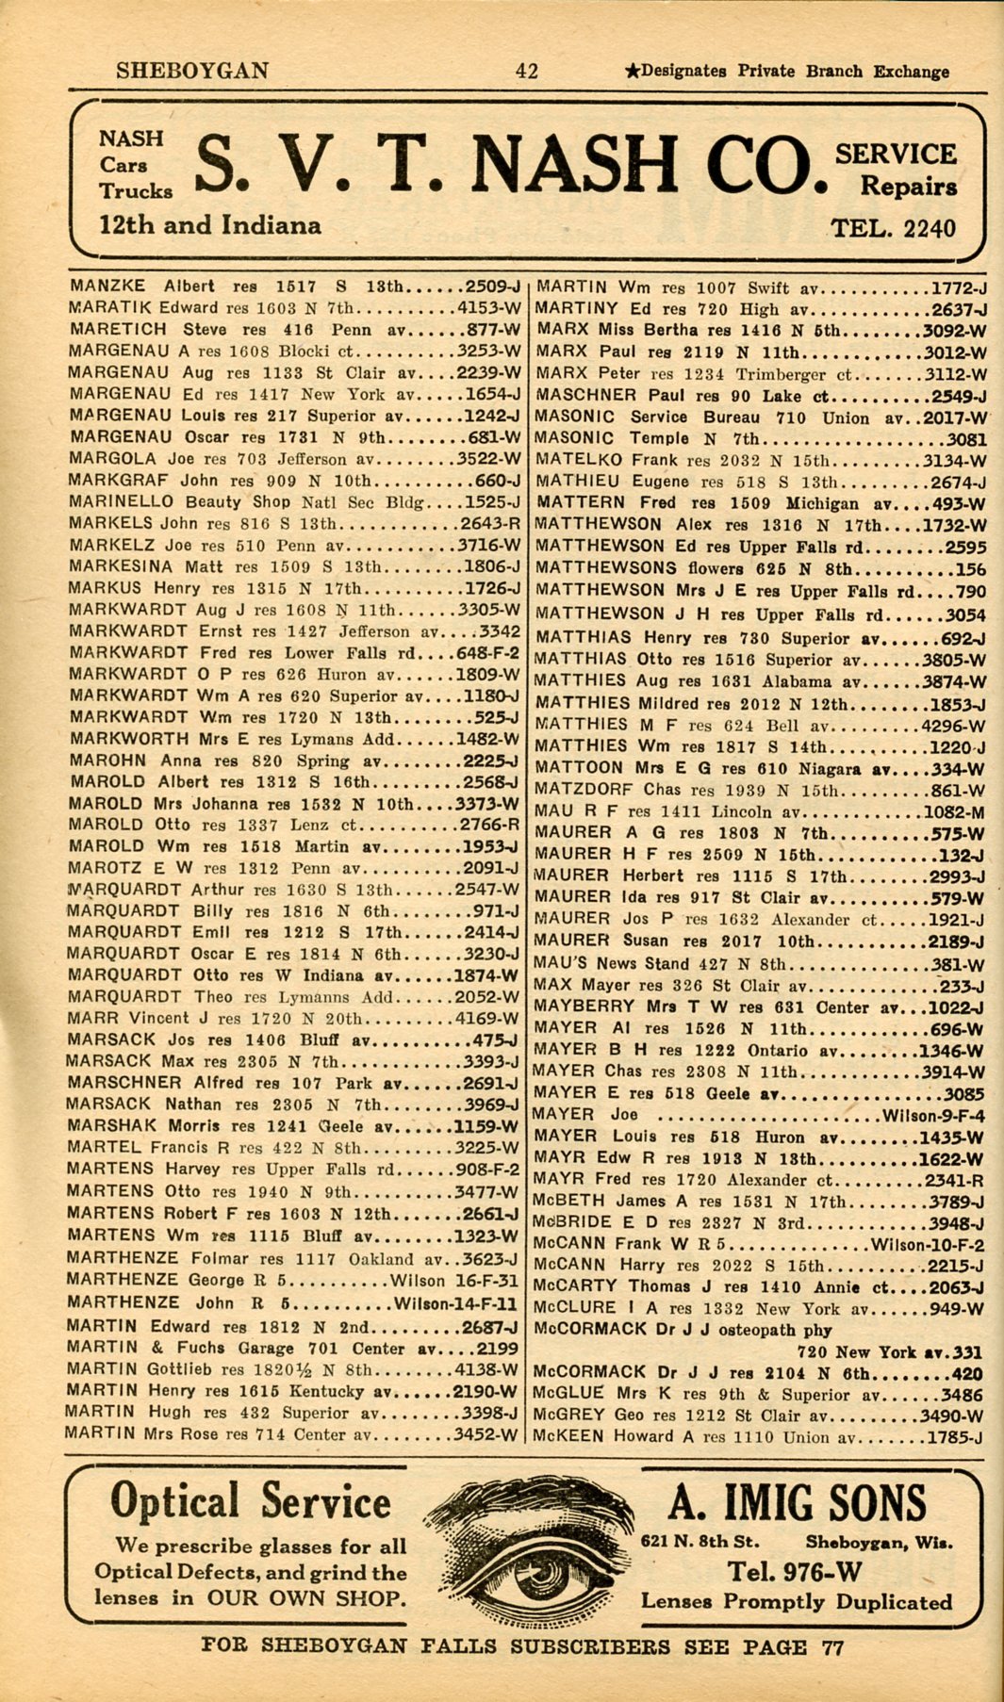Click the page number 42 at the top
coord(526,71)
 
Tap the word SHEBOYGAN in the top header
coord(192,71)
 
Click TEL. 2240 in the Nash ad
coord(892,228)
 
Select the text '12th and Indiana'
coord(209,225)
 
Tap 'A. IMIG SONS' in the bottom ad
coord(797,1503)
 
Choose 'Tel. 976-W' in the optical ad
coord(794,1571)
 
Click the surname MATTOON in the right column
coord(578,768)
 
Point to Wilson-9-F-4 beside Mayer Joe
coord(931,1116)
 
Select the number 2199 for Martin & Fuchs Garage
coord(497,1348)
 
